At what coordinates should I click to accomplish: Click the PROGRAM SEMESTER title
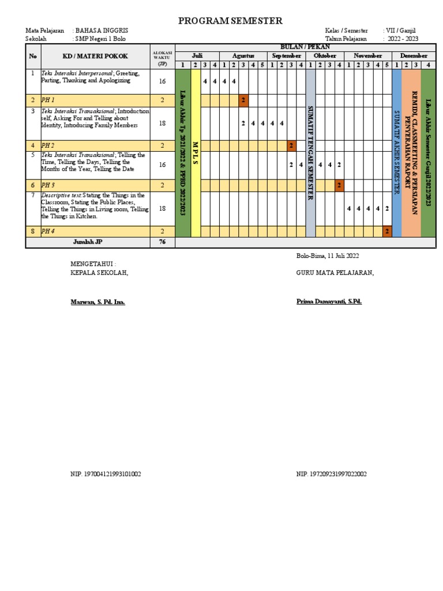(230, 21)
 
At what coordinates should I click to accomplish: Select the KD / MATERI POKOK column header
(95, 56)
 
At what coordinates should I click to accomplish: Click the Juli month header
(197, 55)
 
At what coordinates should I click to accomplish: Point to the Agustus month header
(243, 55)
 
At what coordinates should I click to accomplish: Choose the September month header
(287, 55)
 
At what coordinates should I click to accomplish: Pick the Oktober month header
(325, 55)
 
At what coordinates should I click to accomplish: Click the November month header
(368, 55)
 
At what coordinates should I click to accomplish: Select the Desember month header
(414, 55)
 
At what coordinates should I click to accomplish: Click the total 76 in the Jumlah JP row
(162, 242)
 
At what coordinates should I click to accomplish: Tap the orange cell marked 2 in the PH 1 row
(243, 100)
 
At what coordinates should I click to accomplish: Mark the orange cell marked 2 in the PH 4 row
(387, 231)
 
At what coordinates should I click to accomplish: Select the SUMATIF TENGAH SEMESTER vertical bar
(310, 153)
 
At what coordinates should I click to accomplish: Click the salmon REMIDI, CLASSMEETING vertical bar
(411, 153)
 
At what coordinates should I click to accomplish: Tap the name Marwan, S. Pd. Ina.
(97, 302)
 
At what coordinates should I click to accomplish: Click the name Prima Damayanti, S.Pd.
(329, 301)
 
